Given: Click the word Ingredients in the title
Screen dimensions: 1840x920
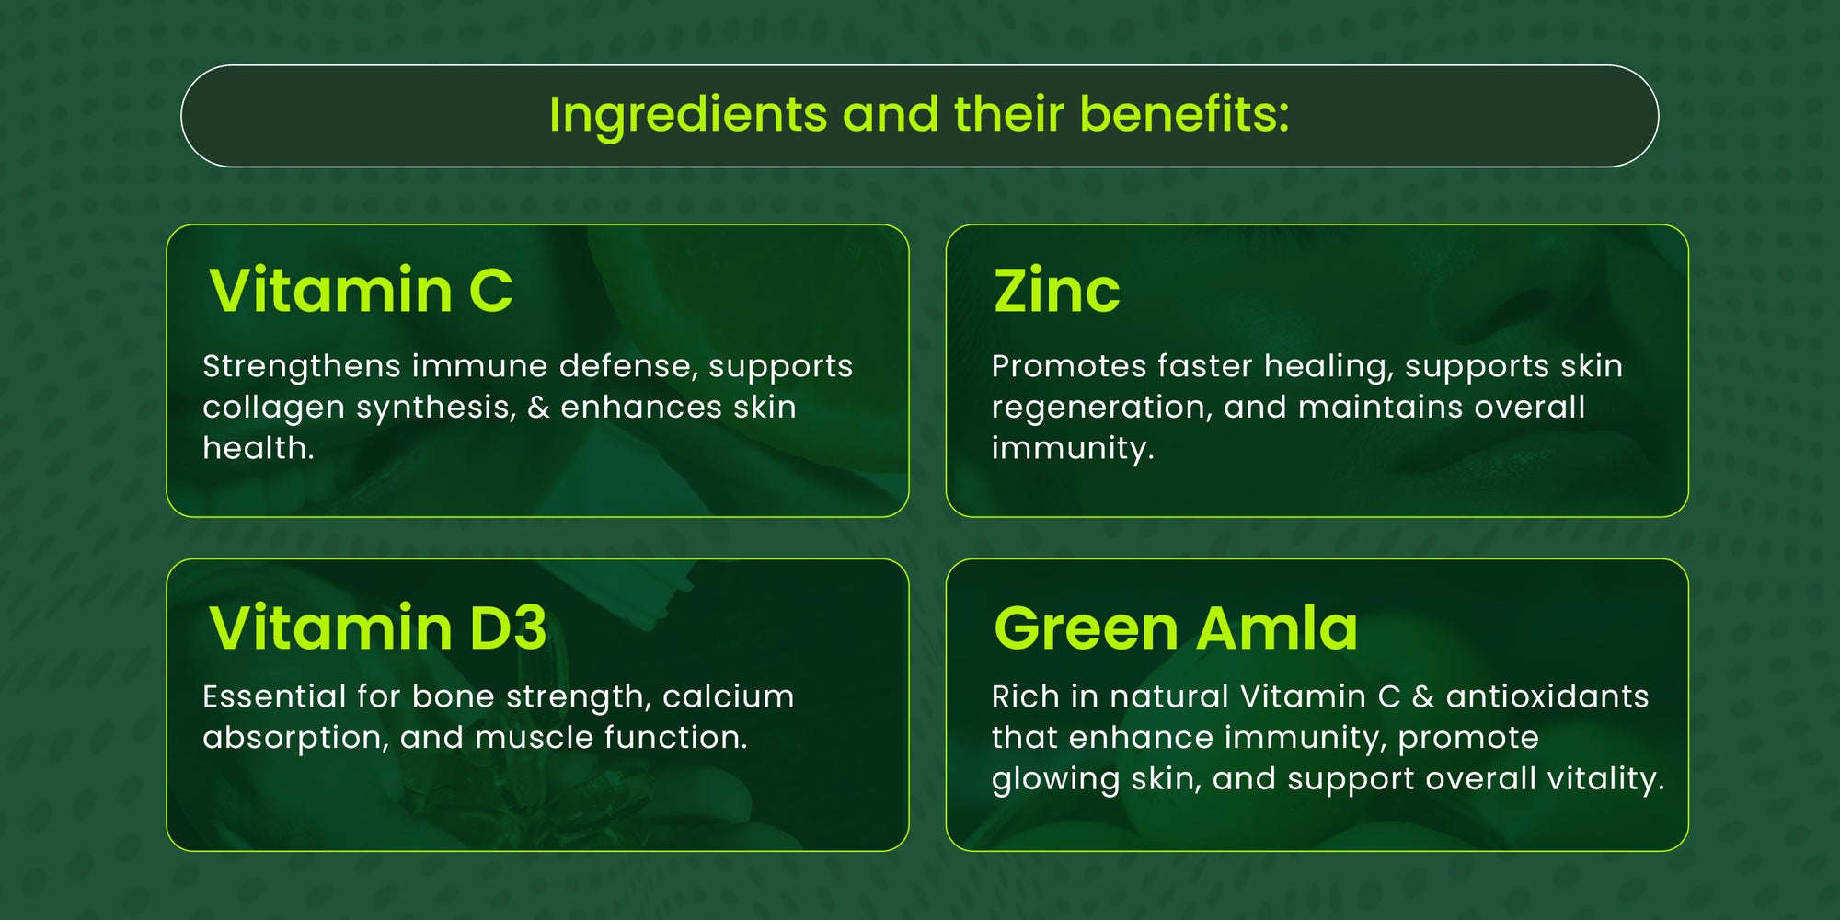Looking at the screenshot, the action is point(688,117).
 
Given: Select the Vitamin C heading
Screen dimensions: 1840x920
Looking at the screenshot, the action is point(361,290).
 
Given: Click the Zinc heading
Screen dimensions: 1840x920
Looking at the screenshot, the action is point(1057,291).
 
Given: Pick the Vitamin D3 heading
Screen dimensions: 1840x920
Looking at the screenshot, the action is point(378,627).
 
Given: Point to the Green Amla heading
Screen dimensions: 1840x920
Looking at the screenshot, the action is point(1176,627).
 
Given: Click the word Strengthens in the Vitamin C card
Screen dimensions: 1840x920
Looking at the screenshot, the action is point(302,367).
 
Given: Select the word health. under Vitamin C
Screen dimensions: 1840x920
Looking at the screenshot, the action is point(259,448).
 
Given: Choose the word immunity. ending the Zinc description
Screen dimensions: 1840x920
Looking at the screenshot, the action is point(1073,449).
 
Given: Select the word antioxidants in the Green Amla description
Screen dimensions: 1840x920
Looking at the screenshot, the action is point(1547,696).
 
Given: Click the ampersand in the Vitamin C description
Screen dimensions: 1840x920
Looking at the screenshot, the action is point(538,408).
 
